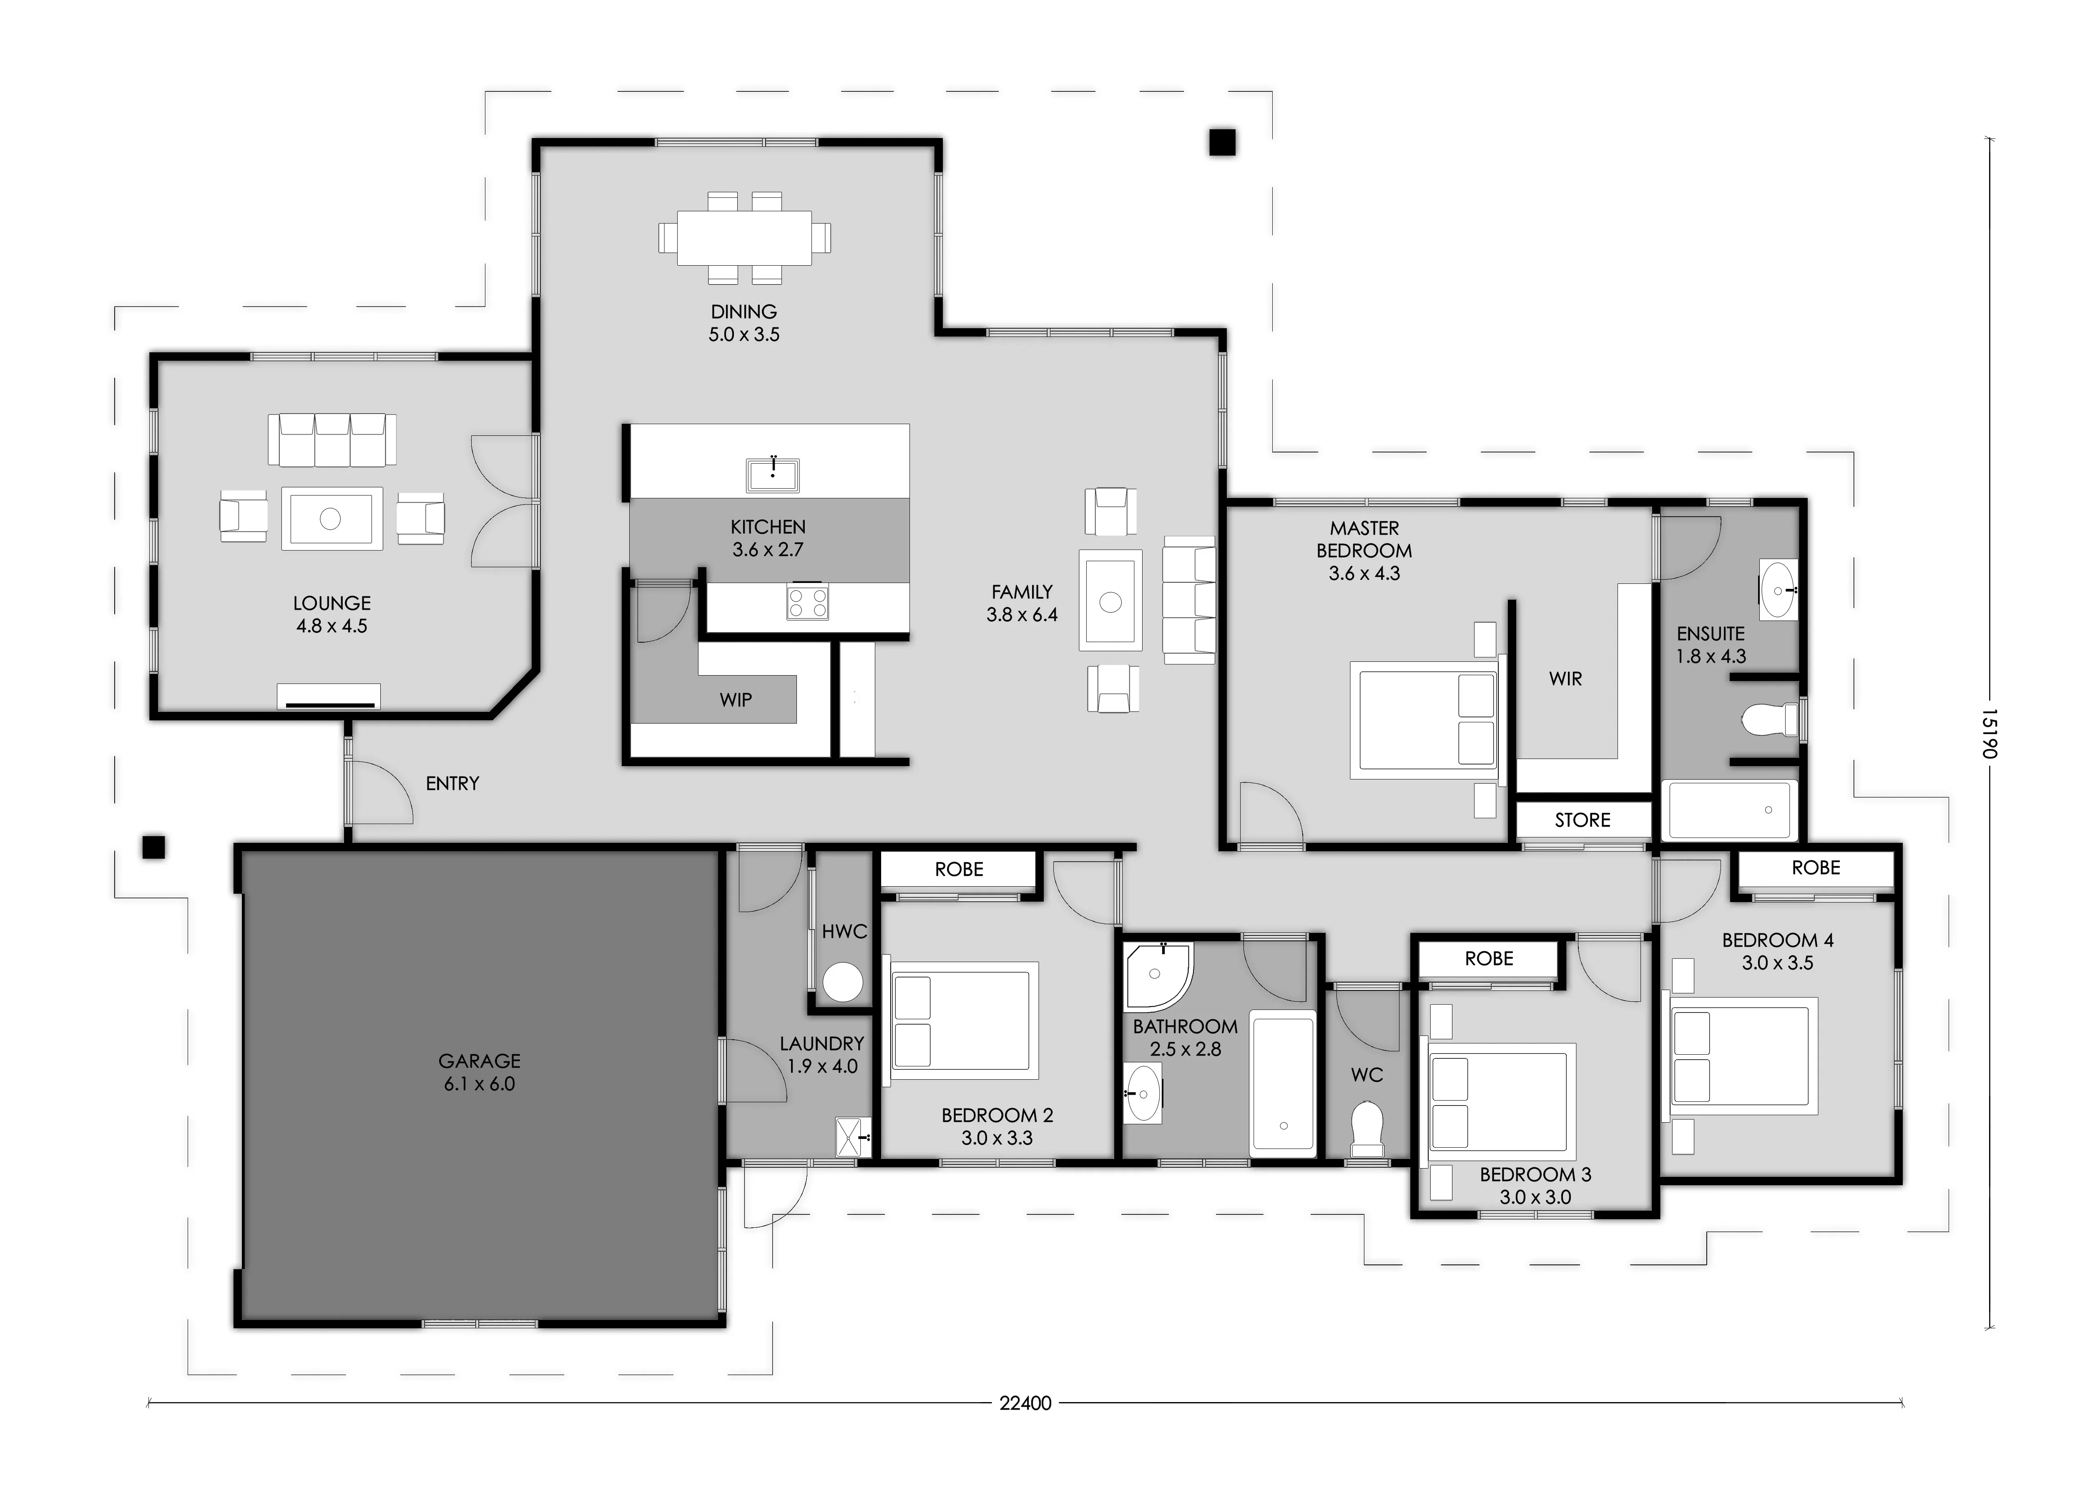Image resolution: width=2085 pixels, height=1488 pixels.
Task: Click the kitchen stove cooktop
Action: click(x=807, y=601)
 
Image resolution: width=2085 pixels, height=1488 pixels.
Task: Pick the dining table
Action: click(x=744, y=238)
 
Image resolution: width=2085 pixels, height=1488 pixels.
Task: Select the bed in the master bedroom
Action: click(x=1424, y=720)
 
